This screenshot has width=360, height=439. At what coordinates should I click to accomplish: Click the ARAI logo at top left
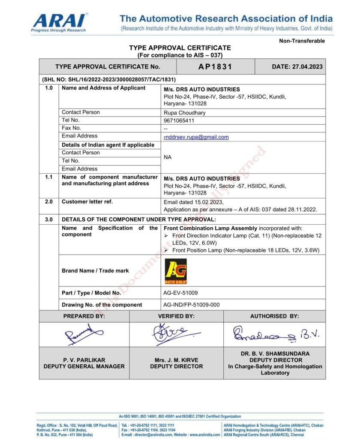click(x=60, y=22)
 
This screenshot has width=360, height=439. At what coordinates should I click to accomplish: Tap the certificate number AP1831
click(x=215, y=66)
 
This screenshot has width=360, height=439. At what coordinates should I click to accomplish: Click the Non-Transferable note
click(x=302, y=41)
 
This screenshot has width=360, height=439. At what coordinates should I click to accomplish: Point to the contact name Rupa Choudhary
click(x=185, y=113)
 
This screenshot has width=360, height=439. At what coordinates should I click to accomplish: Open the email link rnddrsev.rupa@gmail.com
click(x=196, y=137)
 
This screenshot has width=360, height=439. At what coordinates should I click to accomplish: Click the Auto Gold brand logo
click(x=176, y=271)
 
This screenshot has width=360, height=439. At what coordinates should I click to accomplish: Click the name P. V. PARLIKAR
click(x=84, y=360)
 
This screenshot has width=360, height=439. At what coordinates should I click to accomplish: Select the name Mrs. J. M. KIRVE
click(x=177, y=360)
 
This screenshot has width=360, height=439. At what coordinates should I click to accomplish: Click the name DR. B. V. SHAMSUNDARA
click(x=275, y=354)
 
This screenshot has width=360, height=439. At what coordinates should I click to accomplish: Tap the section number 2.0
click(x=49, y=201)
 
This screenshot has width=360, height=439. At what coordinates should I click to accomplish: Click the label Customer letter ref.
click(x=87, y=201)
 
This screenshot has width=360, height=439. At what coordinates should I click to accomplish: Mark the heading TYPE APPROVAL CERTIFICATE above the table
click(x=180, y=48)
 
